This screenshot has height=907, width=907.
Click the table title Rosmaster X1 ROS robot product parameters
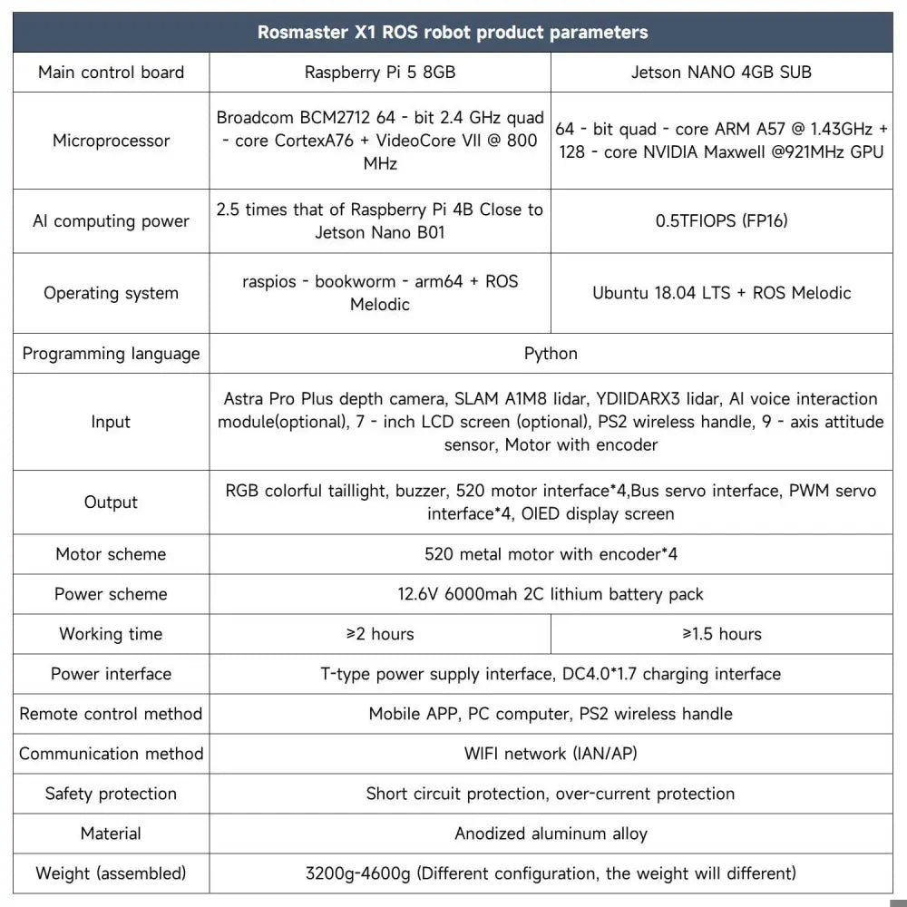(453, 33)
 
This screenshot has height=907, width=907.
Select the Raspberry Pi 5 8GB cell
(380, 73)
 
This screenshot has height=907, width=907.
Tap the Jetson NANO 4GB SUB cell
(722, 73)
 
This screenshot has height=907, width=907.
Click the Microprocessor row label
(111, 141)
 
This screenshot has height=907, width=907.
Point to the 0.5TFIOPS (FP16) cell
(722, 220)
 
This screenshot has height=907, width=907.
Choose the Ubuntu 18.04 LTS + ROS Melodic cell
(722, 293)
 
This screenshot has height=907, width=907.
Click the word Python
(551, 353)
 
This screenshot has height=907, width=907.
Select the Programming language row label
(111, 353)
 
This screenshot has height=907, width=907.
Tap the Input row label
(111, 422)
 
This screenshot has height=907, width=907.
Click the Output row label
(111, 502)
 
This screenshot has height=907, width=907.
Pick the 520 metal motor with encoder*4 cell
(551, 553)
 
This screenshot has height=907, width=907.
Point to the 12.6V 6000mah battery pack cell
(551, 594)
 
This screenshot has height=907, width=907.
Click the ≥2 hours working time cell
(380, 634)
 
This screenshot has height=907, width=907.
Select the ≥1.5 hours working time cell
(722, 634)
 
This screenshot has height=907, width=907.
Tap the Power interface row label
(111, 674)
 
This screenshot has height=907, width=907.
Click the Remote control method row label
(111, 714)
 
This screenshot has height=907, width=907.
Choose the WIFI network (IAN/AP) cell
(551, 754)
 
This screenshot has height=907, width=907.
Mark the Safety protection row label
(111, 794)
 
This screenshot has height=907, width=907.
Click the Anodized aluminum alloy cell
(551, 834)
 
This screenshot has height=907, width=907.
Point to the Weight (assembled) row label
(111, 873)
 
